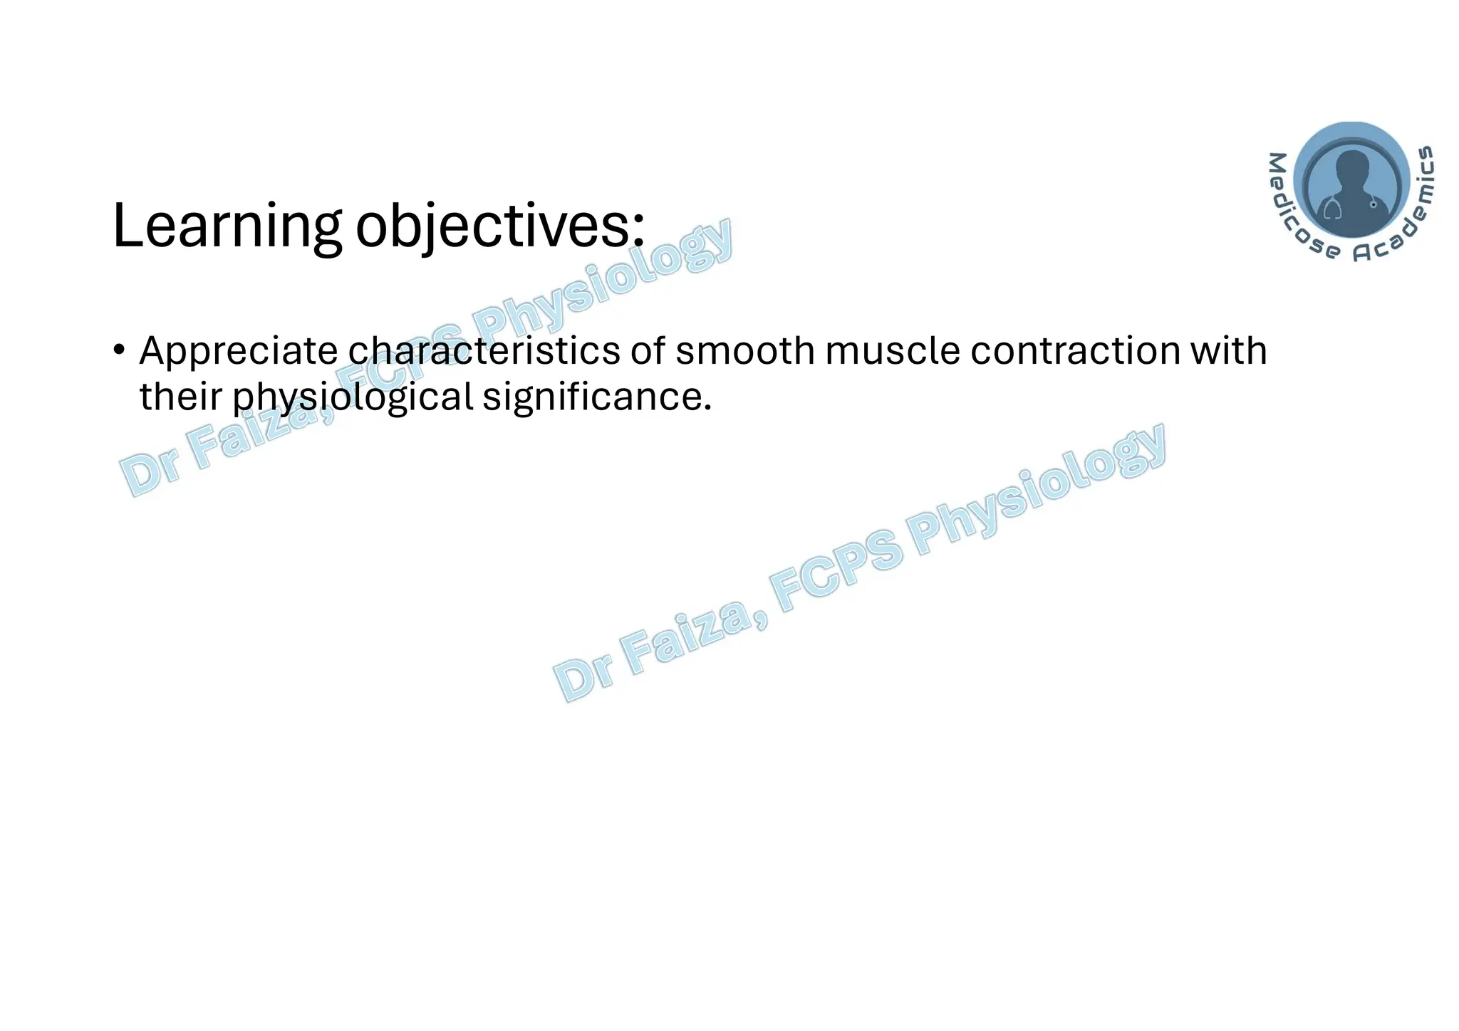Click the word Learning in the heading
[x=227, y=226]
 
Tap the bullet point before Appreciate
[x=120, y=350]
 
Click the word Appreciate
[x=238, y=351]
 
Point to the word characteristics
[x=484, y=351]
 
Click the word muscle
[x=893, y=351]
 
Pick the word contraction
[x=1074, y=351]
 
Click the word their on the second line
[x=181, y=397]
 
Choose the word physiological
[x=353, y=397]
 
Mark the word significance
[x=597, y=397]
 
